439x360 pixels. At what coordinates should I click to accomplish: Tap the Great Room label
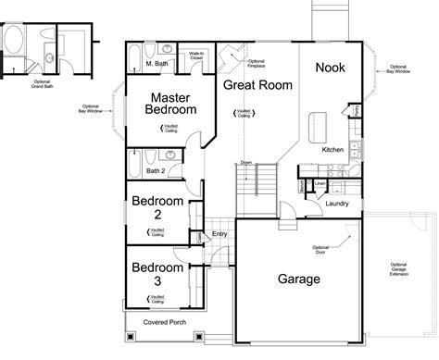[258, 85]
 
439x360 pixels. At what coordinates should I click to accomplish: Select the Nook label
[331, 67]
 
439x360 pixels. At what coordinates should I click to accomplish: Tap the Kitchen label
[333, 150]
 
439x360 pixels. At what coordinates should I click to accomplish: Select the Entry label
[219, 233]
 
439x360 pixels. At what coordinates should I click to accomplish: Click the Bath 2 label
[157, 171]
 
